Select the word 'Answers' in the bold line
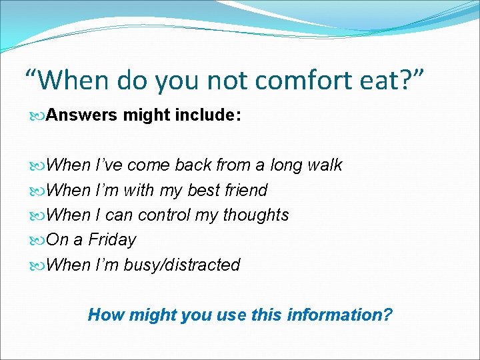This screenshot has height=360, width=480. pyautogui.click(x=83, y=115)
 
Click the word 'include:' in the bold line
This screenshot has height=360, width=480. pyautogui.click(x=207, y=115)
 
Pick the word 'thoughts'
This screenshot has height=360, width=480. pyautogui.click(x=255, y=215)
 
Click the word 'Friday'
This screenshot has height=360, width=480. pyautogui.click(x=112, y=239)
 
